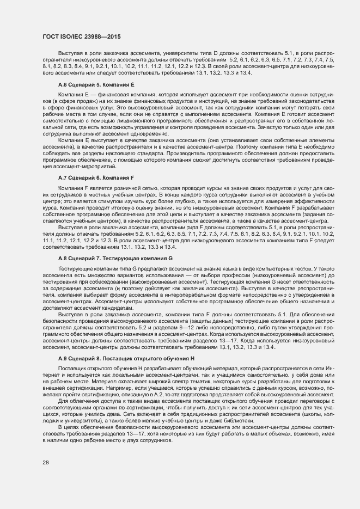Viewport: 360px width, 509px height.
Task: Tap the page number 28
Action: [x=46, y=463]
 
